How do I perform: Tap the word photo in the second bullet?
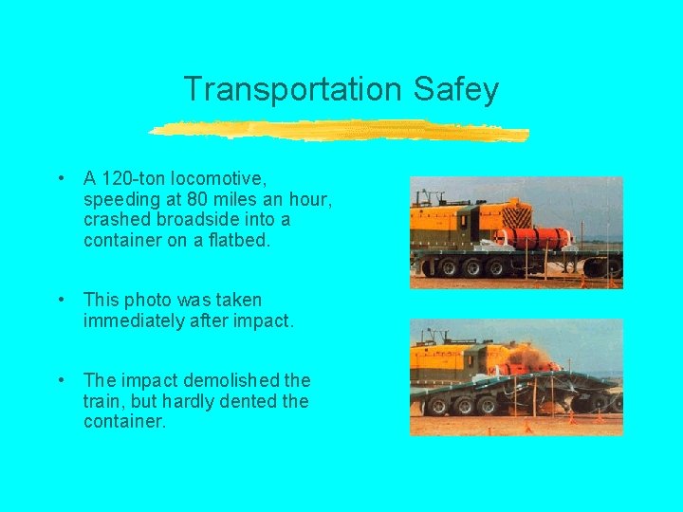142,300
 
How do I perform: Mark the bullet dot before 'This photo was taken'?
60,300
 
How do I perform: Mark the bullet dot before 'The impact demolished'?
60,380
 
